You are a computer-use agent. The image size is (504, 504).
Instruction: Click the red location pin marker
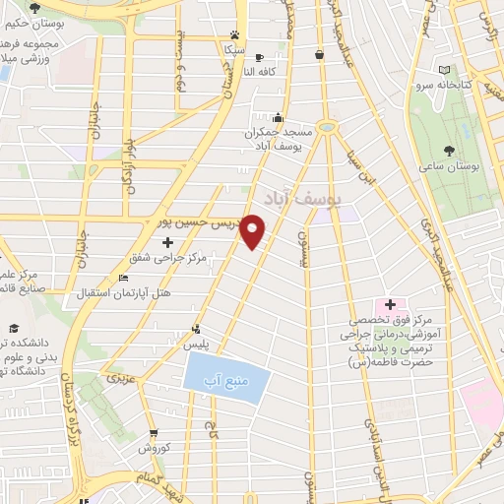pos(254,230)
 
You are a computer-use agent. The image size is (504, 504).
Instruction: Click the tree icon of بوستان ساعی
pos(450,151)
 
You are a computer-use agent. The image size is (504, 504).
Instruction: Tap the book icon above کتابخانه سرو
pos(445,70)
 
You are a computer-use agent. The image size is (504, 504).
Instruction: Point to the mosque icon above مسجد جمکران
pos(279,117)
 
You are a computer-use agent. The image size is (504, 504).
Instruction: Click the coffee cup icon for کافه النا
pos(259,58)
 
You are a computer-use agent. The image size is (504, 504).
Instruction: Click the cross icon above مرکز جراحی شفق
pos(166,242)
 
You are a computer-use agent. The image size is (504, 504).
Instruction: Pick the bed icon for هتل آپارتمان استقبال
pos(122,280)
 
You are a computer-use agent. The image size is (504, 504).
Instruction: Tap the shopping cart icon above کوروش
pos(154,433)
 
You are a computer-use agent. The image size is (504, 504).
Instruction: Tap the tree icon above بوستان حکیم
pos(35,9)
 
